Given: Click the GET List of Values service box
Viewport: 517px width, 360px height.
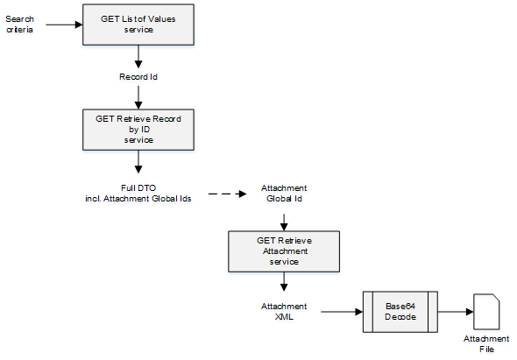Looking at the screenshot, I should coord(138,24).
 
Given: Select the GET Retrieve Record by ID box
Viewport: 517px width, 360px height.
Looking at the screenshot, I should coord(138,129).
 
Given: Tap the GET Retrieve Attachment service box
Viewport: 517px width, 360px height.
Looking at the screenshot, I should coord(283,250).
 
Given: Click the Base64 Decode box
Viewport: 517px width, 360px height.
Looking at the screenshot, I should coord(399,311).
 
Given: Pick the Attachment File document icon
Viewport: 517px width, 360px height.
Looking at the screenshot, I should coord(486,311).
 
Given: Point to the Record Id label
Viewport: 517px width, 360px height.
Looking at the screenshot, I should coord(138,77).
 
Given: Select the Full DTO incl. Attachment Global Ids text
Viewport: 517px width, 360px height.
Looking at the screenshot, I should coord(138,194).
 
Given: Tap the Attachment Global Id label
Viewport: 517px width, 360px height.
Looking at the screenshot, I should coord(283,194).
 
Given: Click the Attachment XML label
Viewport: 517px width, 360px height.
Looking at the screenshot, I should coord(283,311).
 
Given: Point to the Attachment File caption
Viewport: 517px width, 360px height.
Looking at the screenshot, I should coord(486,343).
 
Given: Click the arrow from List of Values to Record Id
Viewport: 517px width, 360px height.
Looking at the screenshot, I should coord(138,57).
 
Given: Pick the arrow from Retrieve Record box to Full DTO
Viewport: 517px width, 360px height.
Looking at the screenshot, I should coord(138,163).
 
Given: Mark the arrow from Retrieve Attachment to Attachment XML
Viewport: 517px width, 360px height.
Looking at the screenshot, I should coord(283,282).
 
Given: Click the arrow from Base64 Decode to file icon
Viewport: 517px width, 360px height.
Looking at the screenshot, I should coord(454,311).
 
